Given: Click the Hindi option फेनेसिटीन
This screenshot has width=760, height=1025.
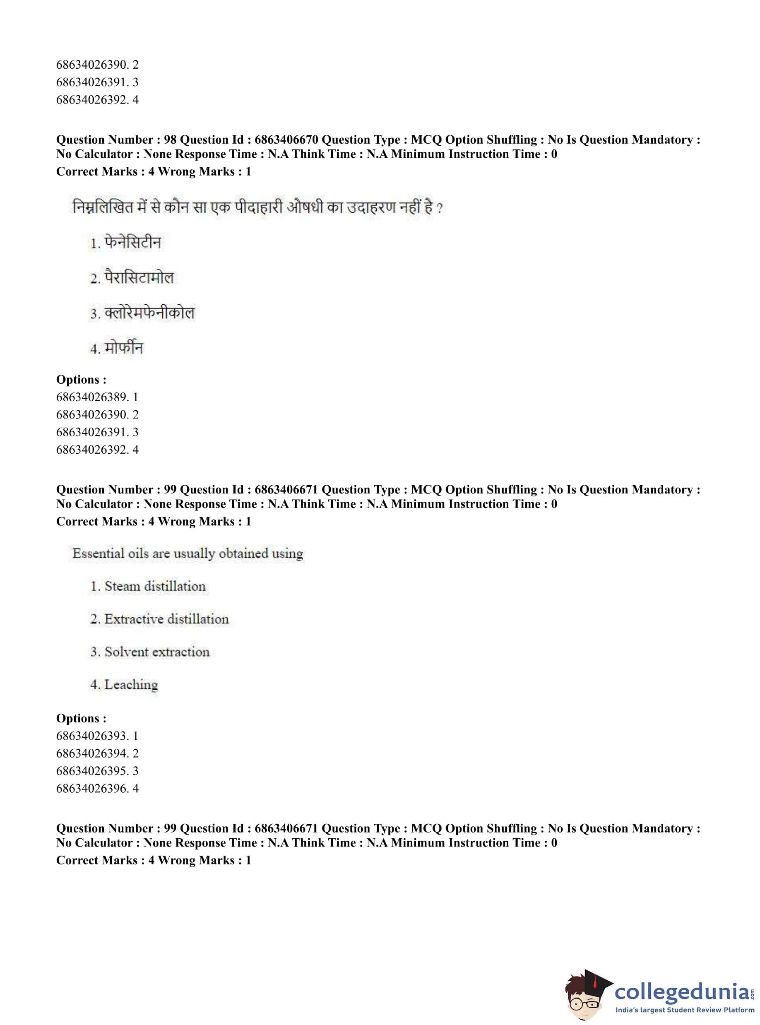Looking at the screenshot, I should (132, 243).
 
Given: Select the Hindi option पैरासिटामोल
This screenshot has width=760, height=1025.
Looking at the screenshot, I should (139, 278).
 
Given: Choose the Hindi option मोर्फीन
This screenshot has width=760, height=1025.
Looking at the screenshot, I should (124, 348).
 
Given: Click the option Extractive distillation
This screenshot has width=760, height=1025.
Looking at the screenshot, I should (166, 619).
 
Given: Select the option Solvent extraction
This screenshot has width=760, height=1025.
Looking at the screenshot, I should (156, 652).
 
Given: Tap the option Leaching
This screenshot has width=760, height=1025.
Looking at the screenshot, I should (131, 685).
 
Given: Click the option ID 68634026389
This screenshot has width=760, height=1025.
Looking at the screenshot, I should (91, 397).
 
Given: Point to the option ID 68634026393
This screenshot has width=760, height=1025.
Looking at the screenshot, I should (91, 736).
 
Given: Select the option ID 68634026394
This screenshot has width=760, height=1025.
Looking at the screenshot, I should (91, 753).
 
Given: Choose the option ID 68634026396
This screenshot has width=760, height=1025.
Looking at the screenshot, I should (91, 789).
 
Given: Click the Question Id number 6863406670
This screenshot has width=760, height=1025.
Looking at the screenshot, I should (286, 140).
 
